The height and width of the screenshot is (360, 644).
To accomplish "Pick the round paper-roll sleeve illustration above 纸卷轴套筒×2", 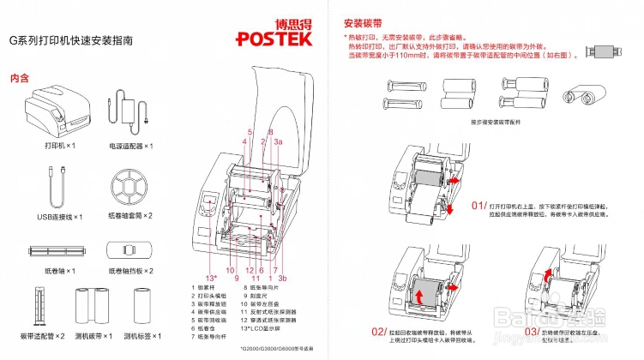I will [130, 186].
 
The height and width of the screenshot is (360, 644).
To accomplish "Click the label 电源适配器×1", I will [130, 146].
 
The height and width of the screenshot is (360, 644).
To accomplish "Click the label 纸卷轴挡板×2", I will [130, 271].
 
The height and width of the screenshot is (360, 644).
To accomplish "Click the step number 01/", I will [479, 207].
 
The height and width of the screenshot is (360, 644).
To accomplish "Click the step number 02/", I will [378, 331].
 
